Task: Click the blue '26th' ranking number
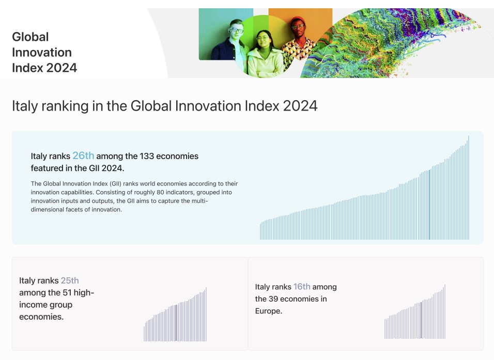click(83, 155)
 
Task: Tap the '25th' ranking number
click(70, 280)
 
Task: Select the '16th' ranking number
click(302, 287)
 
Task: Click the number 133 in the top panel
click(147, 156)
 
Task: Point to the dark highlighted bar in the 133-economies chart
click(429, 205)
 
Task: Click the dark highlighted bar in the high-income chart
click(176, 323)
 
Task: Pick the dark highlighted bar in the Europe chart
click(421, 320)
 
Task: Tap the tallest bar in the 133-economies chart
click(469, 187)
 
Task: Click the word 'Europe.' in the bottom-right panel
click(269, 311)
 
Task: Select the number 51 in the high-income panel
click(67, 293)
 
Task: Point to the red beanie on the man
click(298, 21)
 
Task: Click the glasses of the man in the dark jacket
click(237, 30)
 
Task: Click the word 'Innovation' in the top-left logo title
click(42, 52)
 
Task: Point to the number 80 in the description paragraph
click(160, 192)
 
